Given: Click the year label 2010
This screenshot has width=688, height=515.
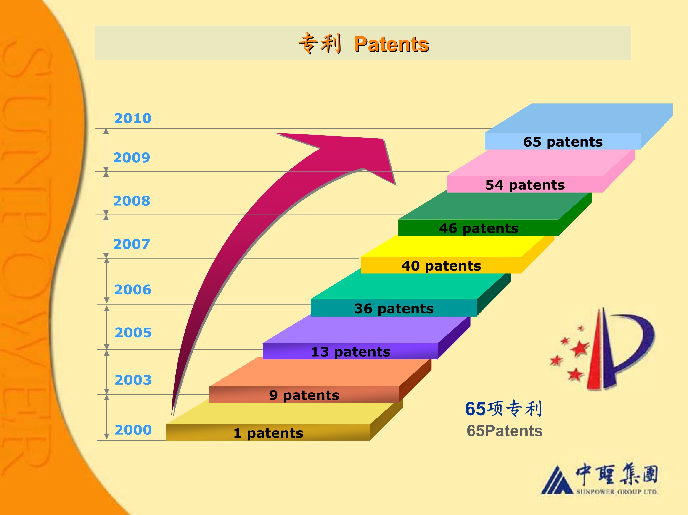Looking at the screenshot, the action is [x=132, y=118].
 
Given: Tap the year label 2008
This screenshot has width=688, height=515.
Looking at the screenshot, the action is [x=132, y=201].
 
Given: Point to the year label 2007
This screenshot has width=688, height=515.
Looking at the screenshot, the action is [x=132, y=244].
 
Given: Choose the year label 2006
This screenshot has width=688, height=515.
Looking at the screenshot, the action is [x=133, y=290].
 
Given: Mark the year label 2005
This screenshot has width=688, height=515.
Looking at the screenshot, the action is [x=133, y=333].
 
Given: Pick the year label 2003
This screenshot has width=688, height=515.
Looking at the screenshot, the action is [x=133, y=380].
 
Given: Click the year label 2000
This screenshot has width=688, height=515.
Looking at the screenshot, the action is [x=133, y=430].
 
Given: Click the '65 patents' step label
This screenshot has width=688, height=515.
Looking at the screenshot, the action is [x=563, y=142].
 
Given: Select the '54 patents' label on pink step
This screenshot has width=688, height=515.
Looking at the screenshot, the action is [x=525, y=185].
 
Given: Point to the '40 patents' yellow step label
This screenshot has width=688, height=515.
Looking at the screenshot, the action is [x=441, y=266].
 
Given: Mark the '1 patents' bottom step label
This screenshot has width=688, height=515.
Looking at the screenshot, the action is [x=268, y=433].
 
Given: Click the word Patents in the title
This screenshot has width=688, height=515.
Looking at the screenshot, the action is [x=392, y=44].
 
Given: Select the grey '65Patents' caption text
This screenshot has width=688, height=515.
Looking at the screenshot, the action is [x=505, y=431].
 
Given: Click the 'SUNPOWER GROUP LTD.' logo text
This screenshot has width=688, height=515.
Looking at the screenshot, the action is [x=617, y=492].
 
